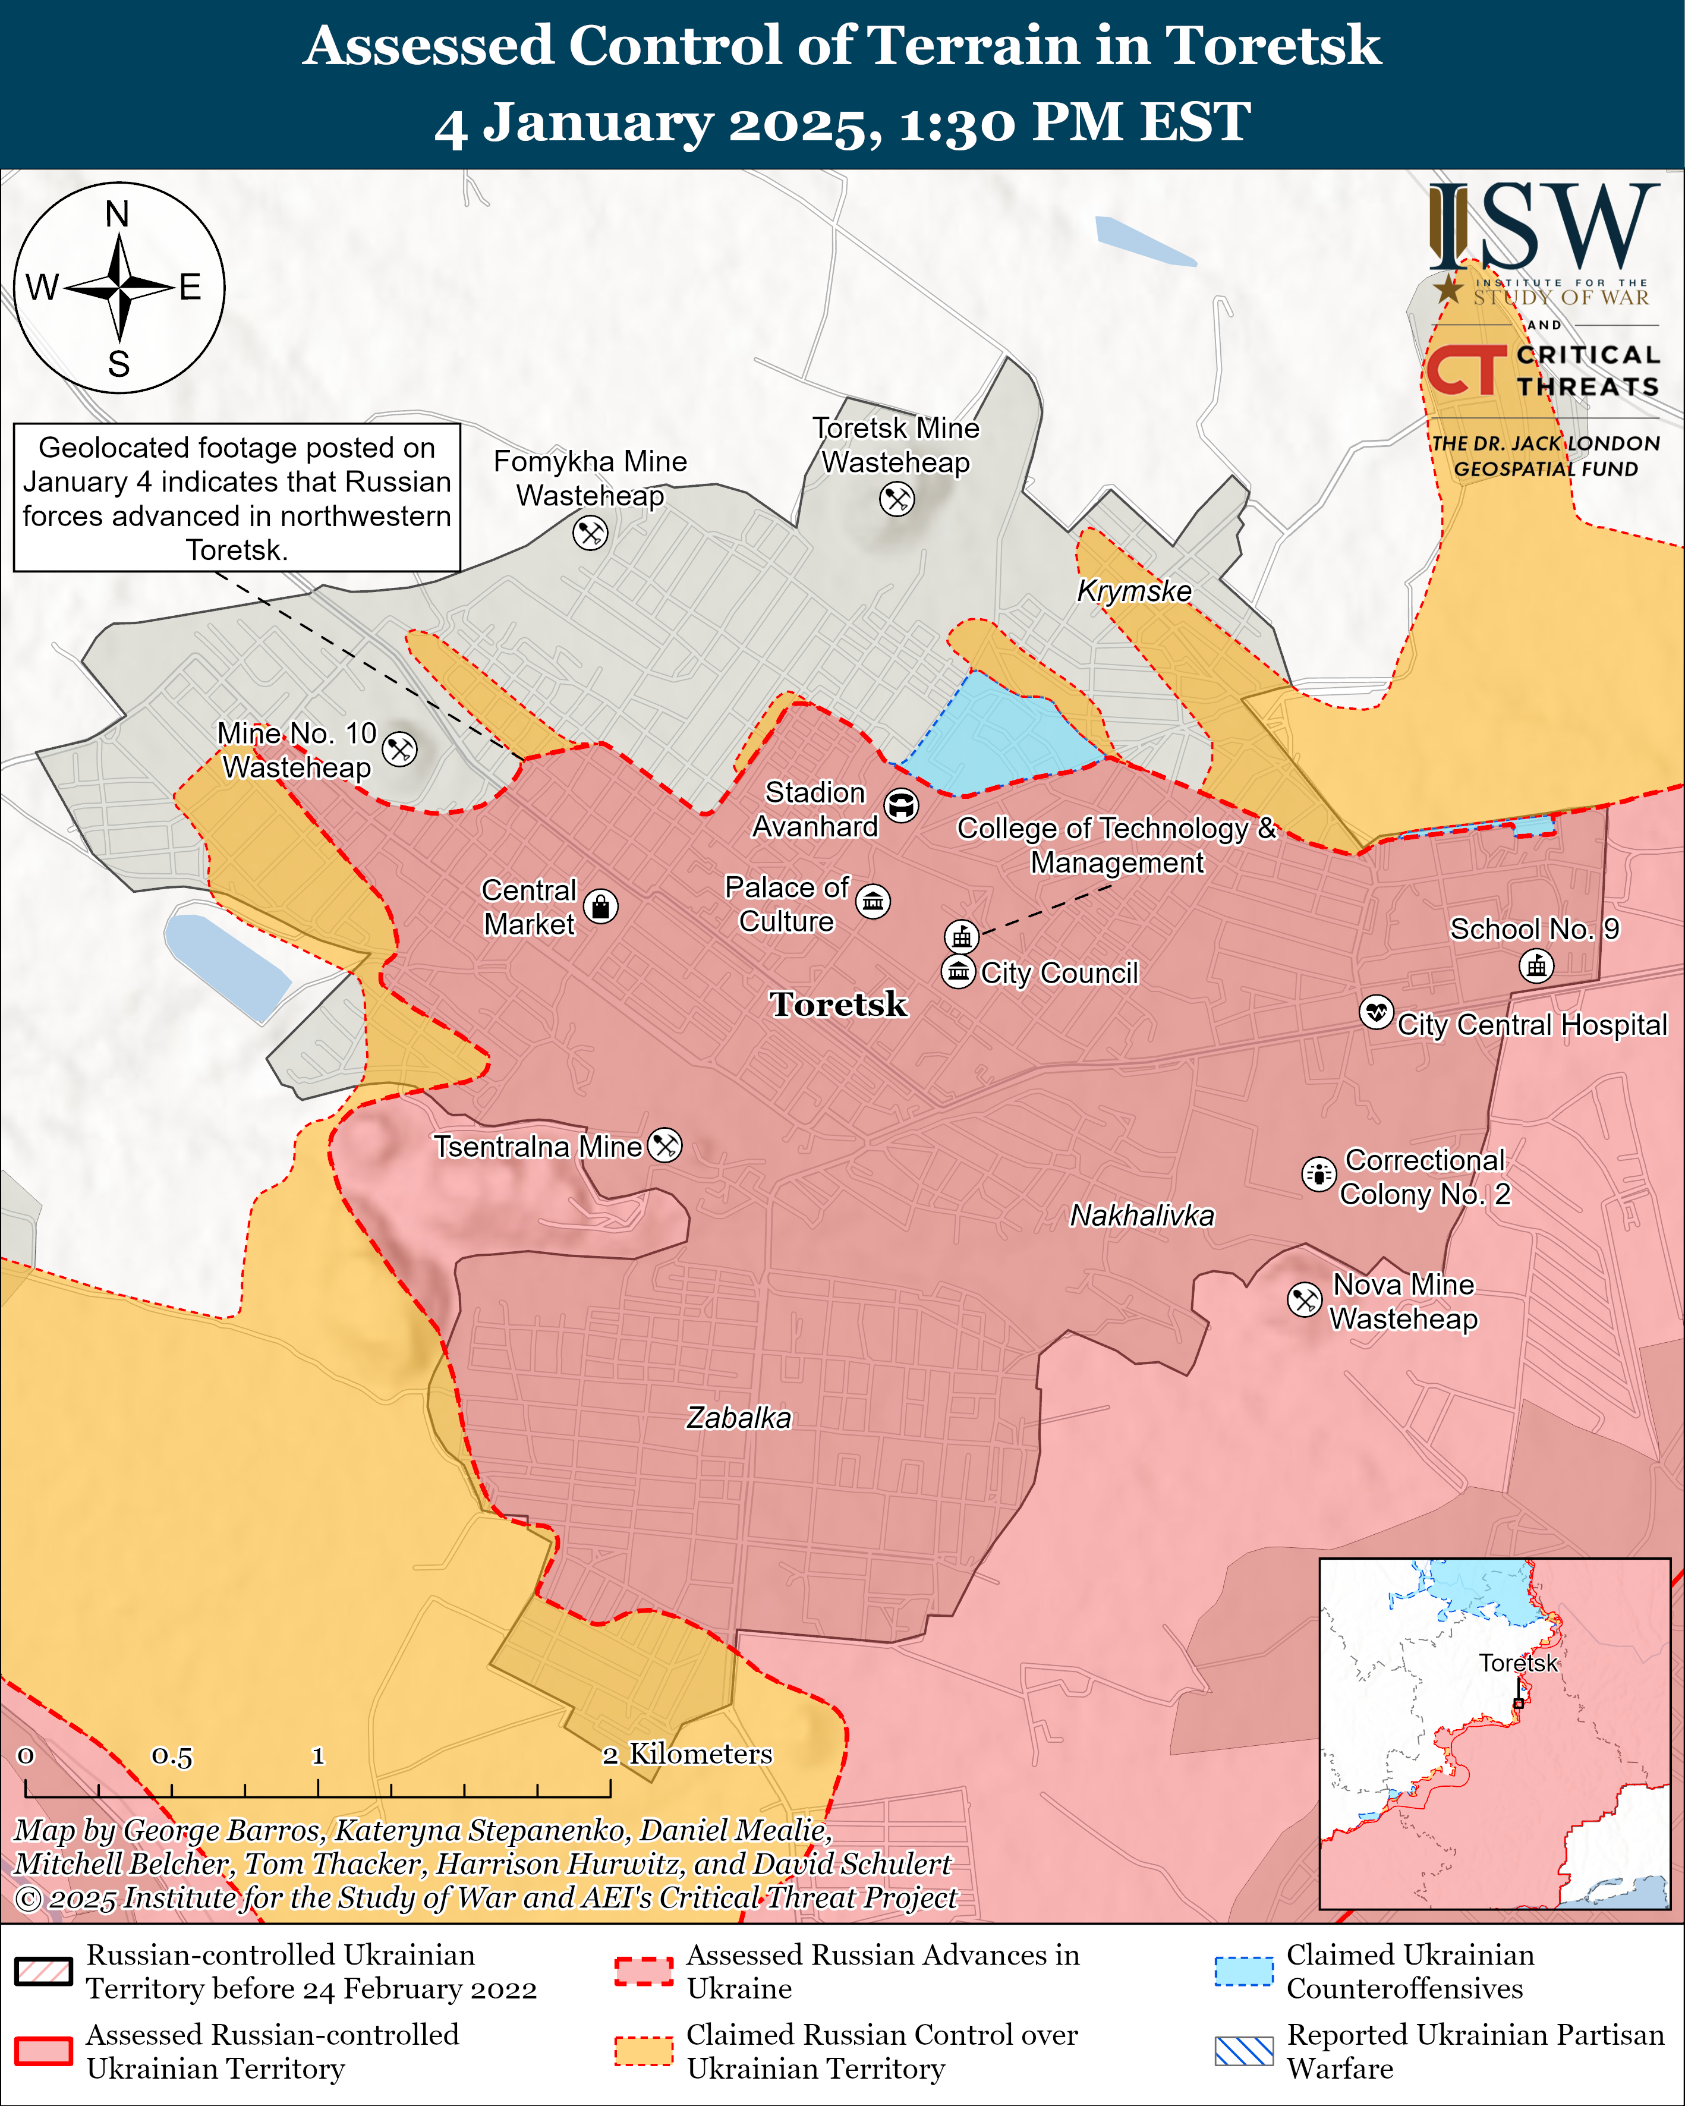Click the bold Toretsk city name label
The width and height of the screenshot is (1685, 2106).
[x=838, y=1004]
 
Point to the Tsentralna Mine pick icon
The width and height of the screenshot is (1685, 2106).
[x=665, y=1145]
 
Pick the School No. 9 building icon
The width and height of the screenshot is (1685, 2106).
[x=1536, y=966]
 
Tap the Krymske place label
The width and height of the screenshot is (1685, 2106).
[x=1134, y=591]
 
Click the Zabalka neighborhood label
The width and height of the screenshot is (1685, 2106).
[x=738, y=1417]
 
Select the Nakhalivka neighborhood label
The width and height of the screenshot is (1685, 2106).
[x=1142, y=1215]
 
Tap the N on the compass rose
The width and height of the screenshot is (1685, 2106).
[x=117, y=214]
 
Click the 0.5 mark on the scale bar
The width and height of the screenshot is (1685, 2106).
[x=172, y=1755]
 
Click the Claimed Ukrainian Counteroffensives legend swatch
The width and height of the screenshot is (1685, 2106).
[x=1243, y=1971]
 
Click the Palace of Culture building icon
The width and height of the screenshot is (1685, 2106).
[x=873, y=901]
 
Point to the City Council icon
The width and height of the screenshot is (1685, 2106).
[x=958, y=972]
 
